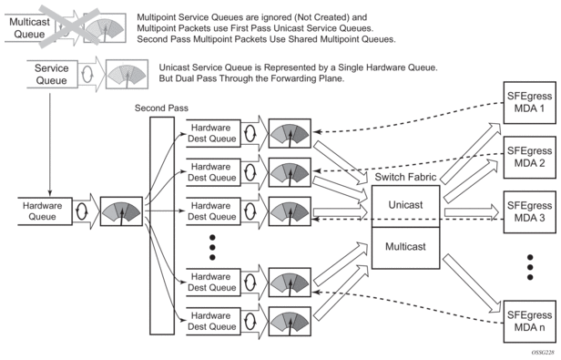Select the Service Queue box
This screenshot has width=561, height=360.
coord(53,75)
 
